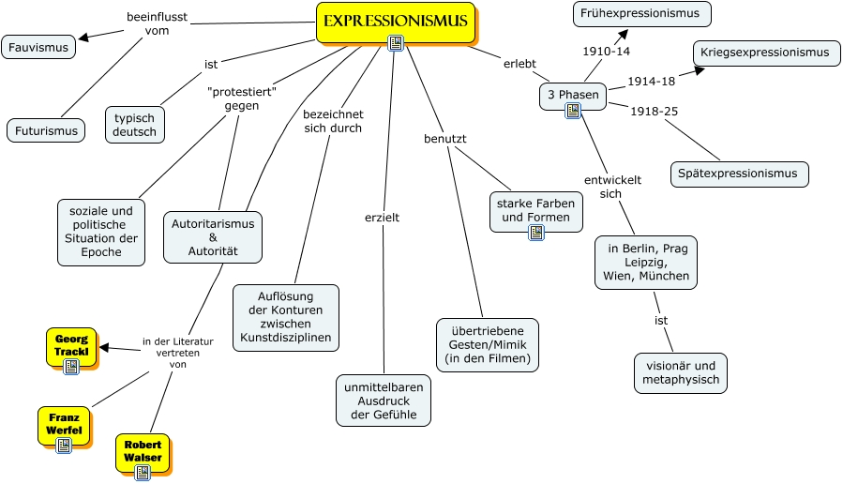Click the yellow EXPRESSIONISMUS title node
[395, 21]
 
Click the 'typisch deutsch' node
[135, 125]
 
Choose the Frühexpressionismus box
[641, 14]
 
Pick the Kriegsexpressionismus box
[764, 53]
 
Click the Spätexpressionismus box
[740, 174]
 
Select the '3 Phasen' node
[573, 96]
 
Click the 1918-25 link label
[654, 112]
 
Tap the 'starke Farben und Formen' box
[535, 211]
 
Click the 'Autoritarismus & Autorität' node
[213, 237]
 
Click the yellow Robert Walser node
[143, 451]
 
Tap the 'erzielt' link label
[382, 218]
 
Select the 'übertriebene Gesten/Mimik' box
[488, 344]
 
